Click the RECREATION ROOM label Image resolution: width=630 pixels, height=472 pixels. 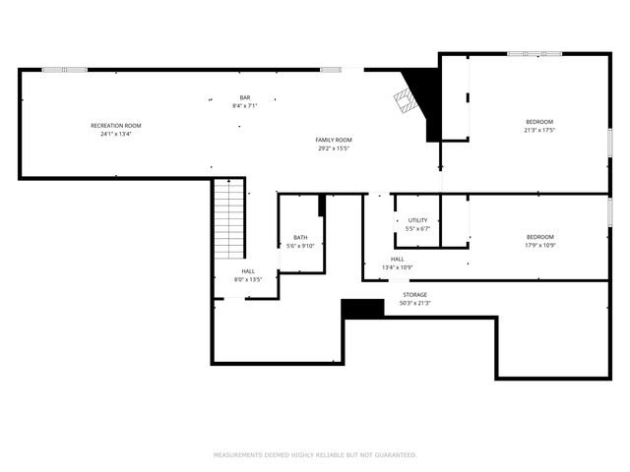tap(116, 125)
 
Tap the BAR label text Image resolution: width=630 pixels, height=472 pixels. tap(245, 96)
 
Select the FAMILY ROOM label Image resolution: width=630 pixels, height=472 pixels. tap(334, 140)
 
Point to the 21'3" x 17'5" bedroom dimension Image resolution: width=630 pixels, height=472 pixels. tap(539, 130)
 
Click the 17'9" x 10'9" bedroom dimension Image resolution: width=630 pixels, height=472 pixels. tap(539, 245)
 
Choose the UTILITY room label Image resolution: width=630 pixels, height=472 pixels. tap(418, 220)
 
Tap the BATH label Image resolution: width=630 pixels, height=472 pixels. tap(300, 237)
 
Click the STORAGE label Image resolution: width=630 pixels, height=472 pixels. tap(415, 294)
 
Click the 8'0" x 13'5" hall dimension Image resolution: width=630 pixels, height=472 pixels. tap(248, 280)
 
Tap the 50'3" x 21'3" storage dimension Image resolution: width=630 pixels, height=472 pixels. tap(415, 303)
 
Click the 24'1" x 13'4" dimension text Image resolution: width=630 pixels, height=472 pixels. tap(116, 134)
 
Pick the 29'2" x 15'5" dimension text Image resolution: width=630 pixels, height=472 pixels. tap(334, 148)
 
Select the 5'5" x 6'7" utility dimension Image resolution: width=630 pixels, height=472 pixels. tap(418, 229)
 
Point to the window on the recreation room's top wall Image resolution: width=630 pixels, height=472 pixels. tap(64, 69)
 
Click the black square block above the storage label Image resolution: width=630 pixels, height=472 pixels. tap(362, 308)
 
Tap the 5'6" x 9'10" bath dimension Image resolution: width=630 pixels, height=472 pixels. tap(300, 246)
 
